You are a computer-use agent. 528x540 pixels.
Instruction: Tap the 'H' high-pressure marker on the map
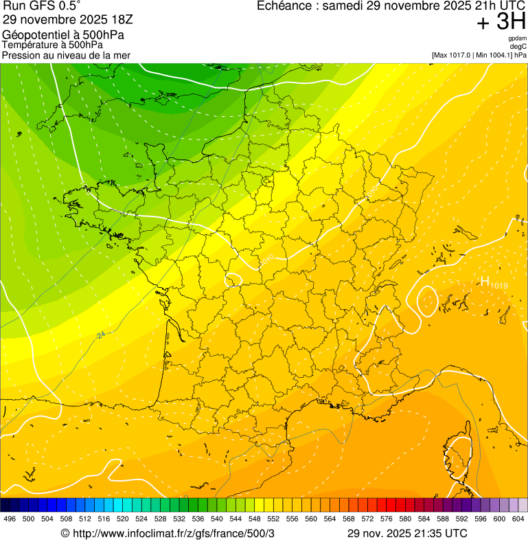tap(485, 281)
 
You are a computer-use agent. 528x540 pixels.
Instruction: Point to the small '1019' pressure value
tap(499, 285)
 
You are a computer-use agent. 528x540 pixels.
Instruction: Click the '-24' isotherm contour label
tap(101, 335)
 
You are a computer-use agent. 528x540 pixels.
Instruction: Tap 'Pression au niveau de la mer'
tap(66, 55)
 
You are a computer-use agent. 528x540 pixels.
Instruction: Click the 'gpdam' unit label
tap(517, 38)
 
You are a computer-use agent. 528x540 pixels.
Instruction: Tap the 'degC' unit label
tap(518, 46)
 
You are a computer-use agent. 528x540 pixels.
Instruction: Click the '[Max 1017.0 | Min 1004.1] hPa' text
tap(479, 54)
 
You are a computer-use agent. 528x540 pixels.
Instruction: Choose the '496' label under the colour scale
tap(10, 518)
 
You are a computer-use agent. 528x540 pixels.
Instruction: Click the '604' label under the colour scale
tap(517, 518)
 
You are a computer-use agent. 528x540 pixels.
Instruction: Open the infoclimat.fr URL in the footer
tap(168, 533)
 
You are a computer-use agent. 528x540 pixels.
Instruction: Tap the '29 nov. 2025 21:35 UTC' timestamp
tap(406, 533)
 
